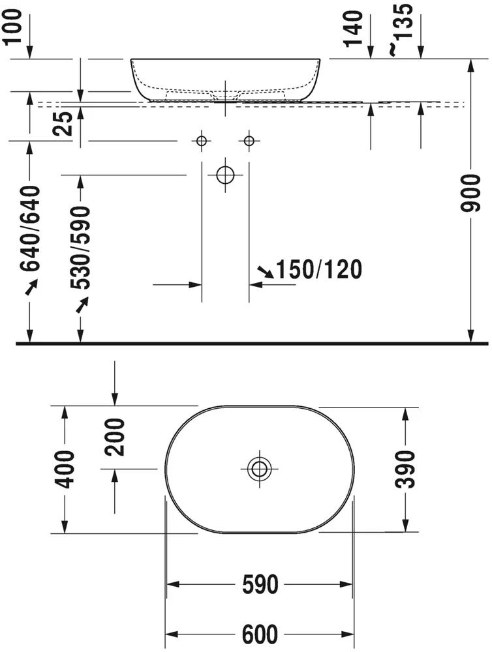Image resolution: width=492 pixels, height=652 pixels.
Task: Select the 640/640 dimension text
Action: click(30, 228)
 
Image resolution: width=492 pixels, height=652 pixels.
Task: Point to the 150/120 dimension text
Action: click(319, 269)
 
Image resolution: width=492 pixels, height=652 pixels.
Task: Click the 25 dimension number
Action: click(63, 123)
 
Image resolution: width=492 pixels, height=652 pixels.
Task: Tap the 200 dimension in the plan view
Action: click(115, 436)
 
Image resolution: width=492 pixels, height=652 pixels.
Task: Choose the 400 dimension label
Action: click(65, 469)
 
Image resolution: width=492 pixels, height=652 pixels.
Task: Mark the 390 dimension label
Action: click(407, 469)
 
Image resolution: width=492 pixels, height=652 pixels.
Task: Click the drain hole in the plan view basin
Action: click(259, 467)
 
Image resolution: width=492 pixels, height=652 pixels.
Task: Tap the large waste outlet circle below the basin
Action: click(225, 175)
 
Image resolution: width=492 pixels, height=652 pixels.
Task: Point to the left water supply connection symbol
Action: click(202, 140)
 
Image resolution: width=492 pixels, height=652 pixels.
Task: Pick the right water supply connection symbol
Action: click(249, 140)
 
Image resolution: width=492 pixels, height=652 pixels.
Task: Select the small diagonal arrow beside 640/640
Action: click(31, 286)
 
